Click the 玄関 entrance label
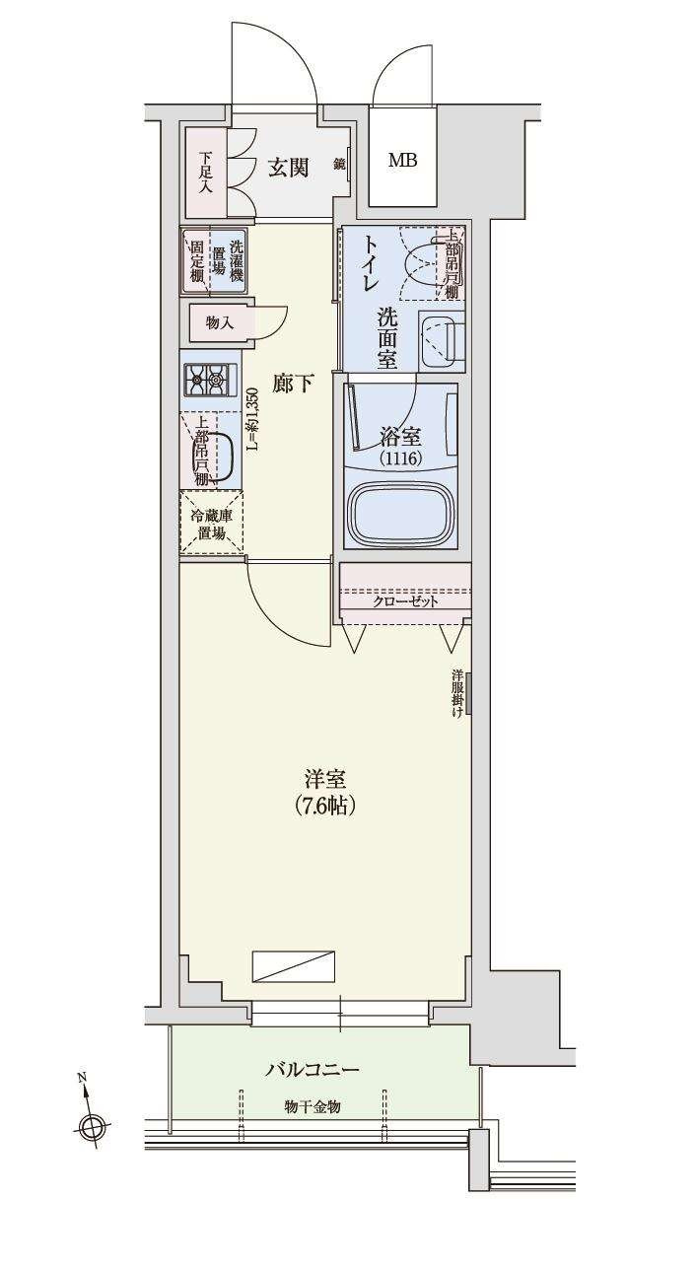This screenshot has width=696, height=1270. point(289,168)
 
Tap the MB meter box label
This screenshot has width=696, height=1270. point(401,161)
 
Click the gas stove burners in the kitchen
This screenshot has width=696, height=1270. point(210,377)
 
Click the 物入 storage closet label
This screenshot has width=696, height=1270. point(219,322)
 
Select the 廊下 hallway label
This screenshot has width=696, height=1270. point(293,384)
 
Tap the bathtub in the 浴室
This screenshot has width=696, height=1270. point(401,512)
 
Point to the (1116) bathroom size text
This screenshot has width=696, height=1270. point(401,458)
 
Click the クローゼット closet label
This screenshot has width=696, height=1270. point(404,601)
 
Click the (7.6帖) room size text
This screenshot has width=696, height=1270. point(324,806)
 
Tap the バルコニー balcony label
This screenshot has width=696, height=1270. point(312,1069)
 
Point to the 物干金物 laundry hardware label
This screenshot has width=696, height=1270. point(313,1106)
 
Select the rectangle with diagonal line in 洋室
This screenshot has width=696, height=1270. point(293,966)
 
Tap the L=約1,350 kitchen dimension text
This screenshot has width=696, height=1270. point(251,419)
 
